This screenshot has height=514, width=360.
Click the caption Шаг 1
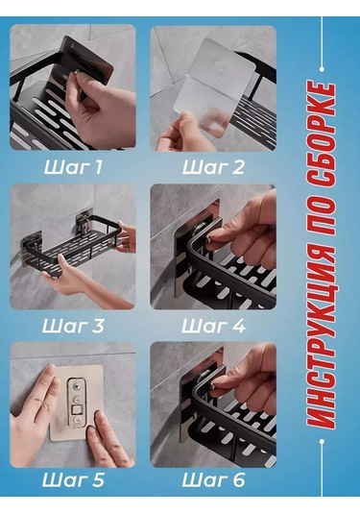73,167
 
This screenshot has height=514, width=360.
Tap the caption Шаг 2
213,167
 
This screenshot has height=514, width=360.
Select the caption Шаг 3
73,326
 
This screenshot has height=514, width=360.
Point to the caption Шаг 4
213,326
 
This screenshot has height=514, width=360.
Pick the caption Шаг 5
73,480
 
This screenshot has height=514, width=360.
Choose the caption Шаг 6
213,480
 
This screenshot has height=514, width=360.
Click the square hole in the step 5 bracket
76,410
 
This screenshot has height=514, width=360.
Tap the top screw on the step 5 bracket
77,387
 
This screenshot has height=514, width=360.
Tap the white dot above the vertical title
322,69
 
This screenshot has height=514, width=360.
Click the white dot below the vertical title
322,441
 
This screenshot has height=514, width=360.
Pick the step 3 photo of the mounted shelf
73,247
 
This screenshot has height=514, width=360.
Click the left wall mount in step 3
33,242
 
